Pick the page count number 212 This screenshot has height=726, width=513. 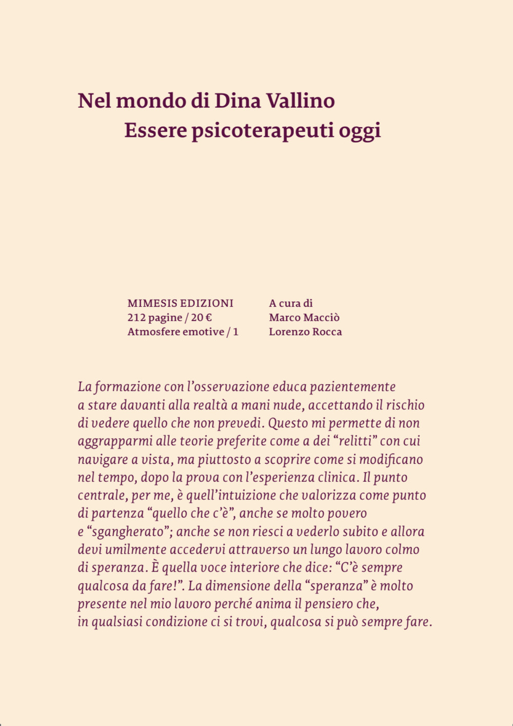pos(136,318)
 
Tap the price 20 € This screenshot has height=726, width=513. pos(202,318)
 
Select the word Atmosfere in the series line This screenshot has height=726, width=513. pos(151,332)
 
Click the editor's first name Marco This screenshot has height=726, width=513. pos(284,318)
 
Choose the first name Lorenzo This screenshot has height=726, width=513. pos(288,332)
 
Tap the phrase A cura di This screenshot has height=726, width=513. pos(290,303)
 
